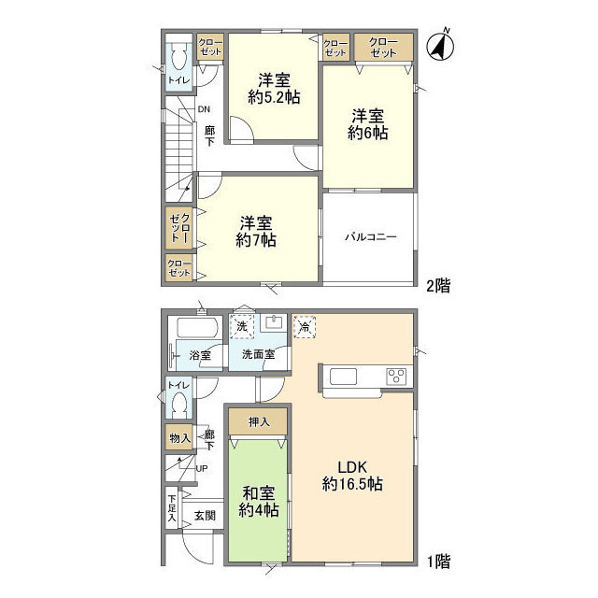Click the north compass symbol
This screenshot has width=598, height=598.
click(x=440, y=46)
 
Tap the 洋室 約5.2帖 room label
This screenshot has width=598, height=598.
click(x=274, y=89)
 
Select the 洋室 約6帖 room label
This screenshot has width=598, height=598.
click(x=367, y=124)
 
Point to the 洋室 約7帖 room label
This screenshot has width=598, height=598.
click(x=256, y=232)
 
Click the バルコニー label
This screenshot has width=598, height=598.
click(x=371, y=236)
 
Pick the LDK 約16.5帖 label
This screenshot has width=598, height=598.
click(x=352, y=476)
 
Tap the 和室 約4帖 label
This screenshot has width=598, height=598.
click(x=259, y=502)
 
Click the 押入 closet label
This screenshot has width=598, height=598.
click(x=259, y=421)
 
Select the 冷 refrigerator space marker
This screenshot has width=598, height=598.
click(x=305, y=327)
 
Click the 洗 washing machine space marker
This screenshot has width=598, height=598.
click(x=242, y=326)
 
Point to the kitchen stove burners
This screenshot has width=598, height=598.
click(x=396, y=377)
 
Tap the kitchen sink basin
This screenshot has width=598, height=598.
click(x=343, y=377)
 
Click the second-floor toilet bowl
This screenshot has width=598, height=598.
click(x=178, y=56)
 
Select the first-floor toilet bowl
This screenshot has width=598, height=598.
click(x=178, y=405)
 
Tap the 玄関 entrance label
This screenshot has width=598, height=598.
click(x=206, y=516)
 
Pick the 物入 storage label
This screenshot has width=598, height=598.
click(x=179, y=438)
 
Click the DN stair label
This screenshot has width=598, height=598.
click(x=204, y=109)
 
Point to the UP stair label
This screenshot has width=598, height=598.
click(x=202, y=468)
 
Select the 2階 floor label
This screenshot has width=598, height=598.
click(x=438, y=285)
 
